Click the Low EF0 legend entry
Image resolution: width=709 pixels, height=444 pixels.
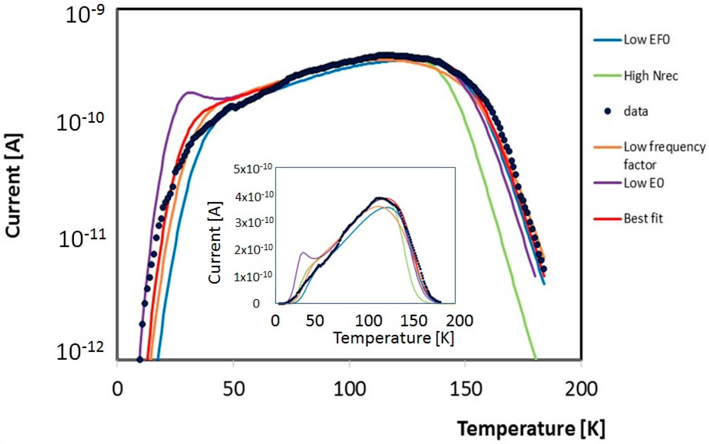(x=646, y=40)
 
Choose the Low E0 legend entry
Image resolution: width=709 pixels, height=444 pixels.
(x=643, y=183)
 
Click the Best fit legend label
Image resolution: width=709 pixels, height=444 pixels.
(x=643, y=218)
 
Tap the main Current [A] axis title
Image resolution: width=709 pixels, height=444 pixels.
(x=13, y=185)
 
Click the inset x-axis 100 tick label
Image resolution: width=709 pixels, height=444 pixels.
(x=368, y=321)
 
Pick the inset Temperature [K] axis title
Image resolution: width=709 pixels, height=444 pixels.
(x=393, y=338)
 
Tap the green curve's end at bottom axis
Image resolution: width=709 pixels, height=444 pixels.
(x=536, y=358)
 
